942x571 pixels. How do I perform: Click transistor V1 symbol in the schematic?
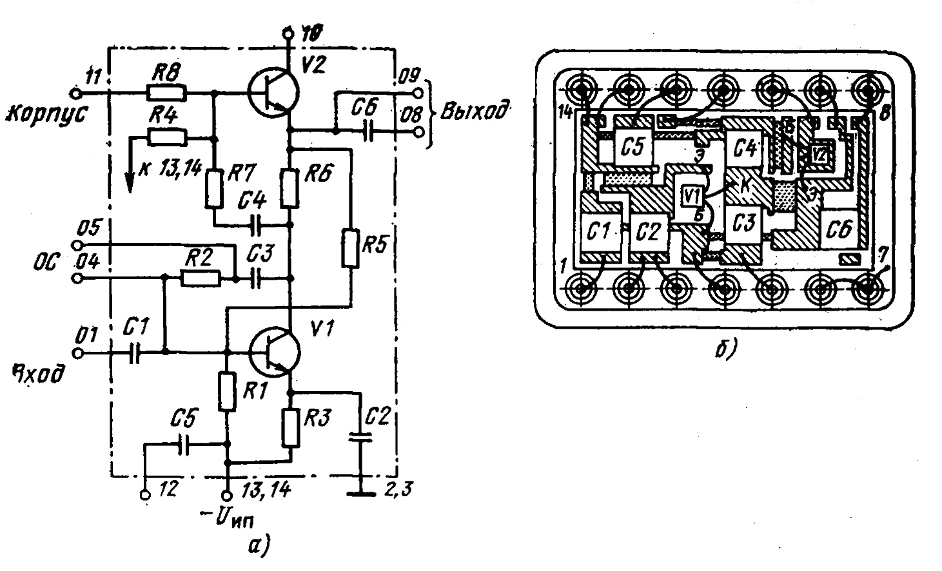[275, 352]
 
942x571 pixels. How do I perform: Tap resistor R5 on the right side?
[351, 247]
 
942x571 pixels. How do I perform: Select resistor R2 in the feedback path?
[201, 278]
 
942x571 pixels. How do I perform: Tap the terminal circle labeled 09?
[422, 93]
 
